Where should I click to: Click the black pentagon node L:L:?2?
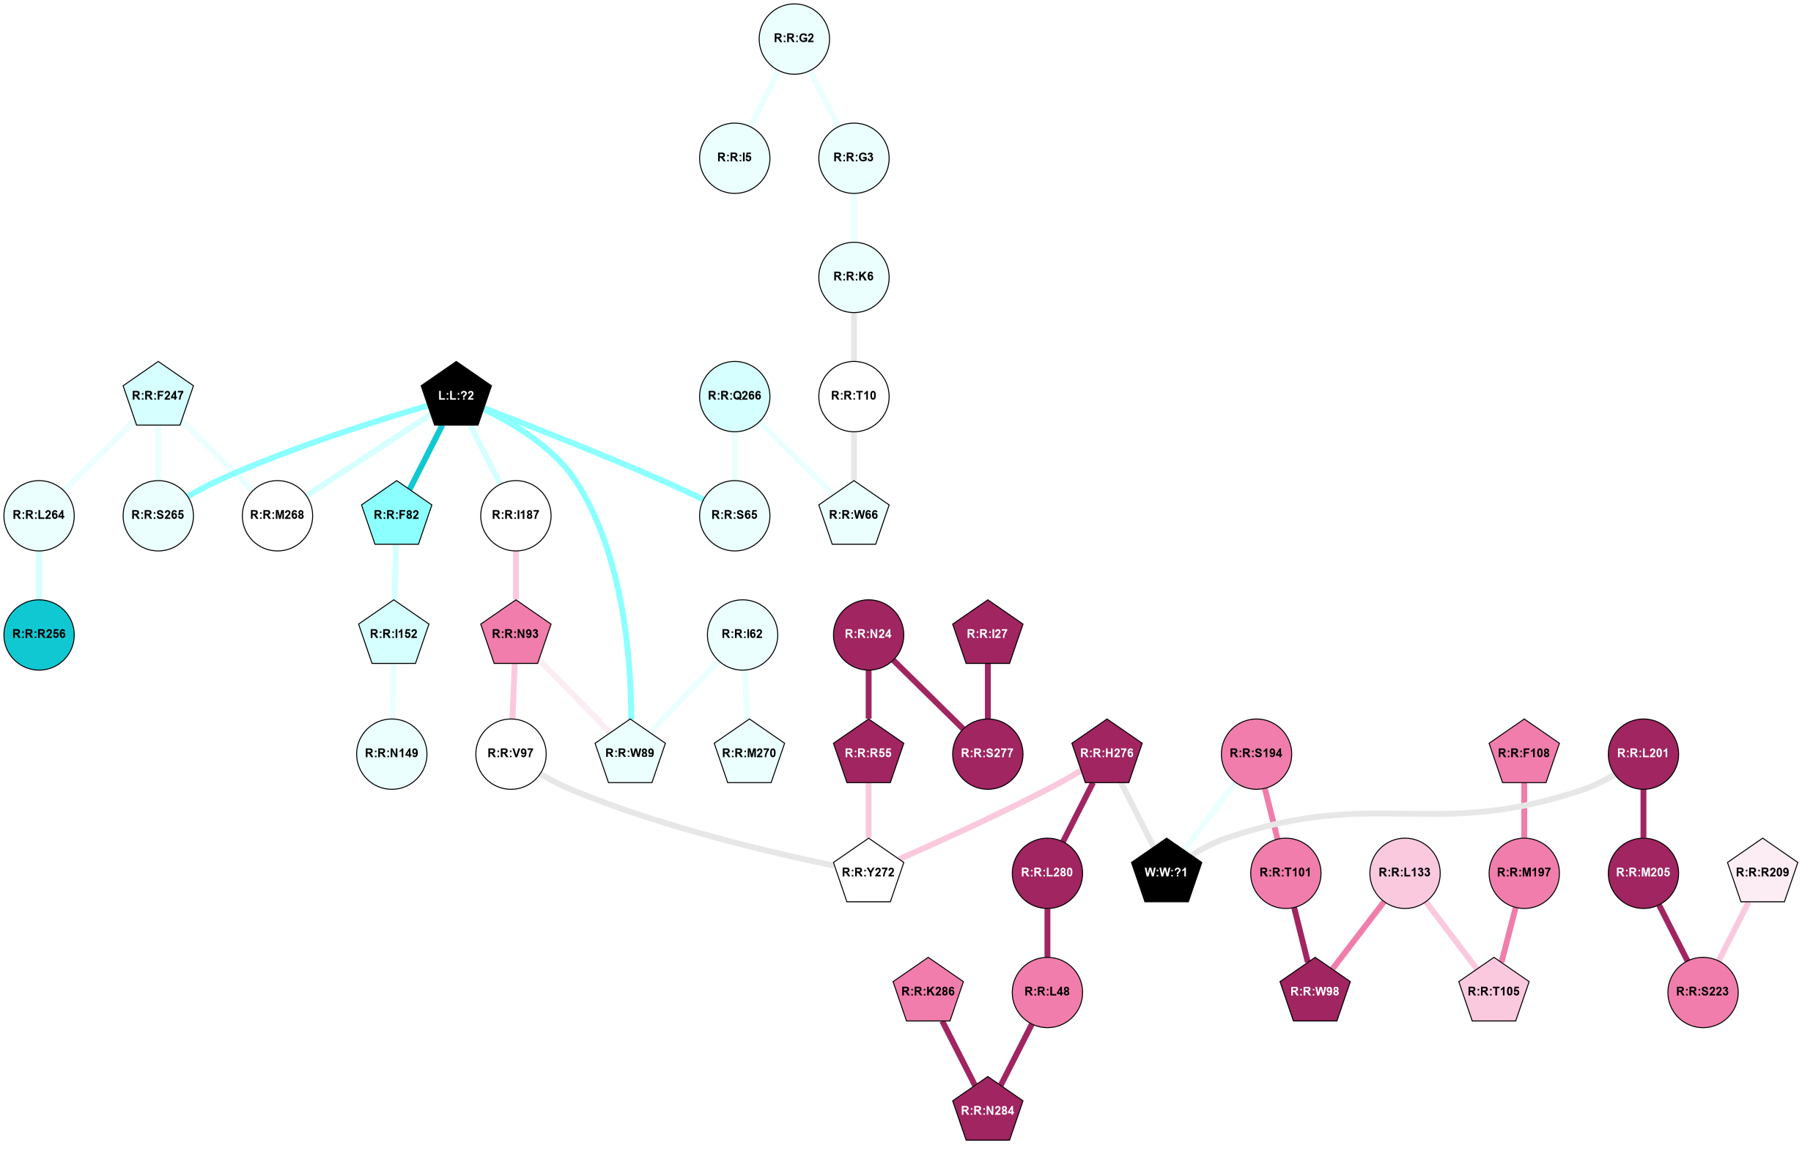pyautogui.click(x=456, y=395)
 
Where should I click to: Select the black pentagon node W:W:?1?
pyautogui.click(x=1166, y=872)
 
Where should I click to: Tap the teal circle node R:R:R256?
pyautogui.click(x=39, y=634)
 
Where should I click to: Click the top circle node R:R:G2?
pyautogui.click(x=794, y=38)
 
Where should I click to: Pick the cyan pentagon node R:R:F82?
pyautogui.click(x=396, y=515)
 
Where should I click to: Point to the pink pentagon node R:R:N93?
pyautogui.click(x=515, y=634)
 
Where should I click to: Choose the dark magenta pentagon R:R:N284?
pyautogui.click(x=987, y=1111)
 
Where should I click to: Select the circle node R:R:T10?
pyautogui.click(x=854, y=395)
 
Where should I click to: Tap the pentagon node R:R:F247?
pyautogui.click(x=158, y=395)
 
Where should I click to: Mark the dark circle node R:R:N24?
pyautogui.click(x=868, y=634)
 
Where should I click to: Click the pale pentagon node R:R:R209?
pyautogui.click(x=1762, y=872)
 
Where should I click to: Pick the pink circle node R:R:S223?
pyautogui.click(x=1702, y=991)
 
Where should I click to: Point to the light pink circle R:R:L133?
pyautogui.click(x=1405, y=872)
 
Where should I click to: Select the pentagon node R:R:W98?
pyautogui.click(x=1315, y=991)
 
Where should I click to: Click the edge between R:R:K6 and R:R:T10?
pyautogui.click(x=854, y=336)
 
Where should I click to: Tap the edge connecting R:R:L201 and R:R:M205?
pyautogui.click(x=1644, y=813)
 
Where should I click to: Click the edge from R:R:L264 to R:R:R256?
pyautogui.click(x=39, y=574)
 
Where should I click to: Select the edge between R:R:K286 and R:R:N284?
pyautogui.click(x=958, y=1052)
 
